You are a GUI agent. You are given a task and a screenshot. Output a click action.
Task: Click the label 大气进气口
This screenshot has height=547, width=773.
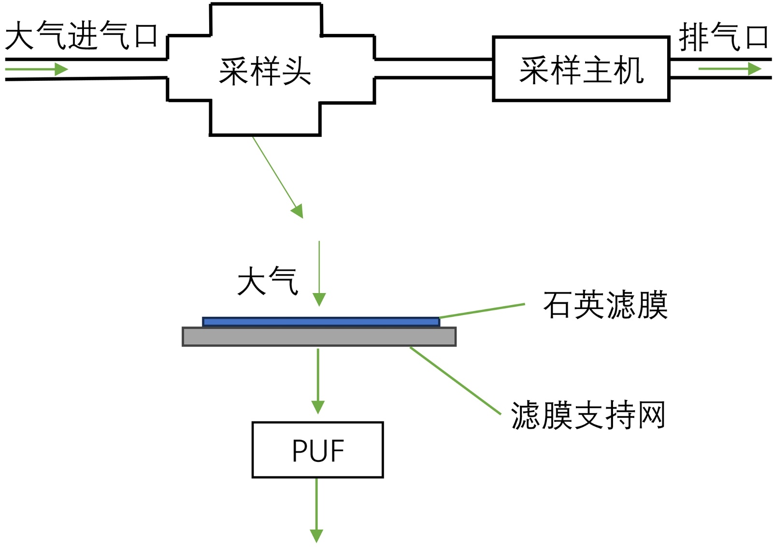tap(81, 36)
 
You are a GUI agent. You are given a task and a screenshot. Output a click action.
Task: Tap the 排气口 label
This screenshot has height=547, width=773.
tap(723, 37)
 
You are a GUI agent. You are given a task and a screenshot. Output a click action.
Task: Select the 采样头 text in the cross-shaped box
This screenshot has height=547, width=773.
tap(265, 72)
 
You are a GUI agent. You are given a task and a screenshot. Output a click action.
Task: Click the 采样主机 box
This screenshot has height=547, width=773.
tap(581, 69)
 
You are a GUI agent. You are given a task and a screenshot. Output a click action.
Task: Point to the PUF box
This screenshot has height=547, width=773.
tap(317, 450)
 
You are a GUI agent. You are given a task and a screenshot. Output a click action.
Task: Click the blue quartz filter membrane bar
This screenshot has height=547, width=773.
tap(321, 322)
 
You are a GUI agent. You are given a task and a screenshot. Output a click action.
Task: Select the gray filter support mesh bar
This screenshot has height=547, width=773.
tap(319, 337)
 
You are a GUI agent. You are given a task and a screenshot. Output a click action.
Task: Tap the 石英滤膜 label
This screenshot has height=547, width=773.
tap(605, 305)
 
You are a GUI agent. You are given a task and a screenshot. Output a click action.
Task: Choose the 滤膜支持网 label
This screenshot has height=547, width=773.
tap(588, 415)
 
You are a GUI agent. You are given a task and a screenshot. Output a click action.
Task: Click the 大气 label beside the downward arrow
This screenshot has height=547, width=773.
tap(267, 281)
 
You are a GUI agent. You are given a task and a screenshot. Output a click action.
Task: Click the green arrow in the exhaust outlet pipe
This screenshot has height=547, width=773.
tap(730, 69)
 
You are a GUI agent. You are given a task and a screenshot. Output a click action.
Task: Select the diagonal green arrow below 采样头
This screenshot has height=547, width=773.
tap(278, 177)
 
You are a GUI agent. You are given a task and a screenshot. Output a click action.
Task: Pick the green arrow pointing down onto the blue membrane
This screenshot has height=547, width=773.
tap(319, 273)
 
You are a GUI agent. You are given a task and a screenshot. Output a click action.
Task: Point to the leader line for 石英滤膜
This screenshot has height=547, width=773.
tap(482, 311)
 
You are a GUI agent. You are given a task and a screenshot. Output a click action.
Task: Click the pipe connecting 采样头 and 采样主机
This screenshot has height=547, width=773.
tap(433, 68)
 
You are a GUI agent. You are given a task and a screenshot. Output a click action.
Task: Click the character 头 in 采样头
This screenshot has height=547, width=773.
tap(296, 72)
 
